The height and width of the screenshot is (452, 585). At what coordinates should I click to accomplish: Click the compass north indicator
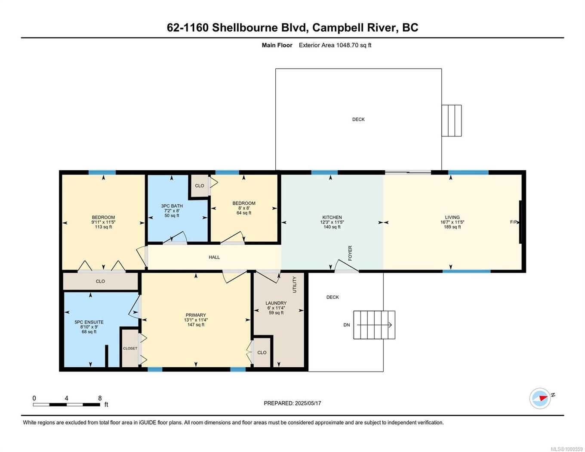[540, 398]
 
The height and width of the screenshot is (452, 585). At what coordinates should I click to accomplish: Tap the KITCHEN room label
[332, 217]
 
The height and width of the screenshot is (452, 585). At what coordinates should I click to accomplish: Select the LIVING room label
[452, 217]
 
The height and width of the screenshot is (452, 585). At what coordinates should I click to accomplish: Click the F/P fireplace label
[513, 222]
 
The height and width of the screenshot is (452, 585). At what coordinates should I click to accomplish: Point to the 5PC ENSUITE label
[89, 322]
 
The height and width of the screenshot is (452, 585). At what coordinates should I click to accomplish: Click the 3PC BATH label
[172, 206]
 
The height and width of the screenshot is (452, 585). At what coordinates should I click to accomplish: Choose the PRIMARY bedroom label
[196, 315]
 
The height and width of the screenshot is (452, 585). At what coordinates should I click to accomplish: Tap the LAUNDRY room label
[276, 303]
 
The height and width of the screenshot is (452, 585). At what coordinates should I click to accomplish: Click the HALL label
[214, 257]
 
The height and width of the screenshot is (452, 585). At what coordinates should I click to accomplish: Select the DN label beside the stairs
[347, 325]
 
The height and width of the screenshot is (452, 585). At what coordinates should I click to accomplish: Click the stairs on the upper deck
[451, 120]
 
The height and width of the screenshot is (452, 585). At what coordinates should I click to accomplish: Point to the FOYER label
[350, 253]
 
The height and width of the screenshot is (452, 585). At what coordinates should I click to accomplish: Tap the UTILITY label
[295, 284]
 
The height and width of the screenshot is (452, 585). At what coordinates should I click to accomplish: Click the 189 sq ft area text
[452, 227]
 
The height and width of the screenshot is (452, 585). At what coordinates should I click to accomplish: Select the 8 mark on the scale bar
[100, 398]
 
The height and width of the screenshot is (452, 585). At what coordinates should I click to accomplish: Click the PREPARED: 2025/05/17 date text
[292, 403]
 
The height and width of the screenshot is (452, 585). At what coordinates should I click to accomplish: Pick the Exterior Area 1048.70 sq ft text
[335, 45]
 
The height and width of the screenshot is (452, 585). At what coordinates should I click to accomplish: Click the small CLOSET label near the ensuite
[130, 348]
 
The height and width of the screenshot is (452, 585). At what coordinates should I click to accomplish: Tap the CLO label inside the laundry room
[262, 353]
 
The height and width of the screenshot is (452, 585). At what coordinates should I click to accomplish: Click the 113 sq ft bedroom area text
[103, 227]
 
